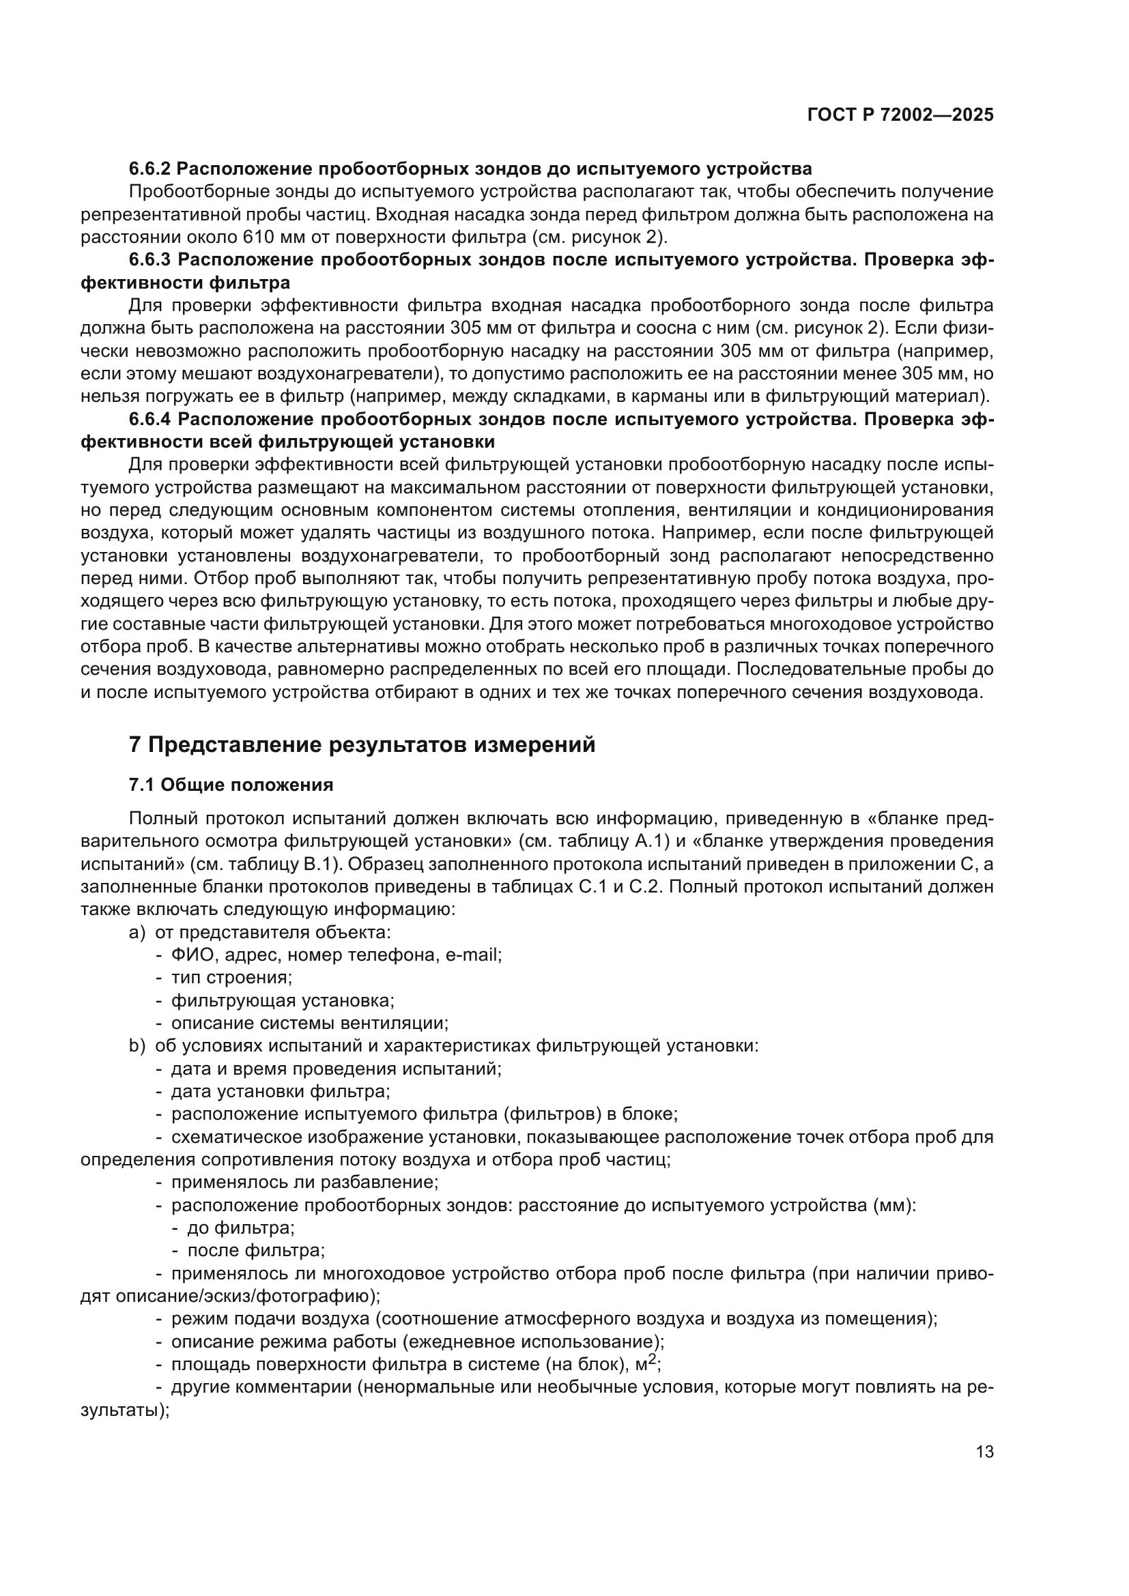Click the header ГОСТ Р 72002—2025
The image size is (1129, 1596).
900,115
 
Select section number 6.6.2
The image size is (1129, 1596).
149,169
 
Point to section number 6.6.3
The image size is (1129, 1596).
149,260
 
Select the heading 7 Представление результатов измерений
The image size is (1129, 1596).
362,744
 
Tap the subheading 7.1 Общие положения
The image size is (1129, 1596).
231,785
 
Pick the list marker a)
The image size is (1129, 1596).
137,932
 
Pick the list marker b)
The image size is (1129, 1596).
137,1045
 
